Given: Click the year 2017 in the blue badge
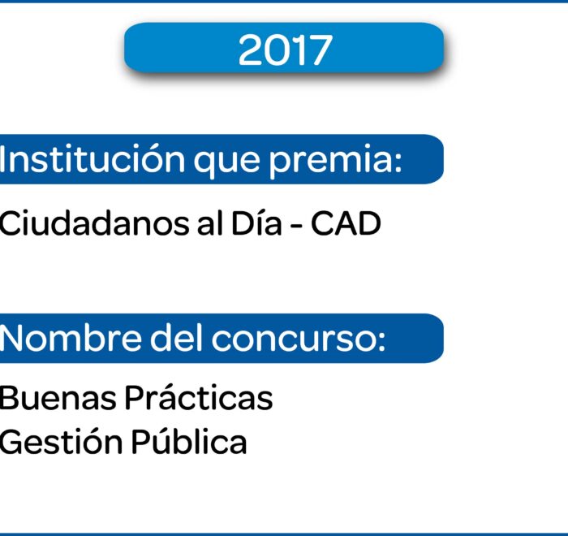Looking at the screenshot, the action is point(285,50).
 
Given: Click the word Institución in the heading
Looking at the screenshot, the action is point(93,158).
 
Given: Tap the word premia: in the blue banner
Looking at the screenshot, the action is point(335,159).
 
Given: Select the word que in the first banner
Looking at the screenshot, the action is point(226,162).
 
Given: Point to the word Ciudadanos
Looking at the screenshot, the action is point(94,223).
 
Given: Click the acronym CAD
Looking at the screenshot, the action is point(346,223).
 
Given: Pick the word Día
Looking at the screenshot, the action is point(256,223).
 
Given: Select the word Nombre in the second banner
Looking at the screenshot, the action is point(71,338).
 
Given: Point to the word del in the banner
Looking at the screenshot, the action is point(176,338).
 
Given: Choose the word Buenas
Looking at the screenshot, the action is point(58,398).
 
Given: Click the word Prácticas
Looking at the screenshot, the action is point(199,397).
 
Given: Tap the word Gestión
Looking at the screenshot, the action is point(61,441).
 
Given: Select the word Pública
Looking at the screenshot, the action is point(189,441).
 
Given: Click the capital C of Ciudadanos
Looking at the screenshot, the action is point(9,223).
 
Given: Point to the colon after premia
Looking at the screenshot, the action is point(398,162).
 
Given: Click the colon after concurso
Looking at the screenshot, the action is point(382,342).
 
